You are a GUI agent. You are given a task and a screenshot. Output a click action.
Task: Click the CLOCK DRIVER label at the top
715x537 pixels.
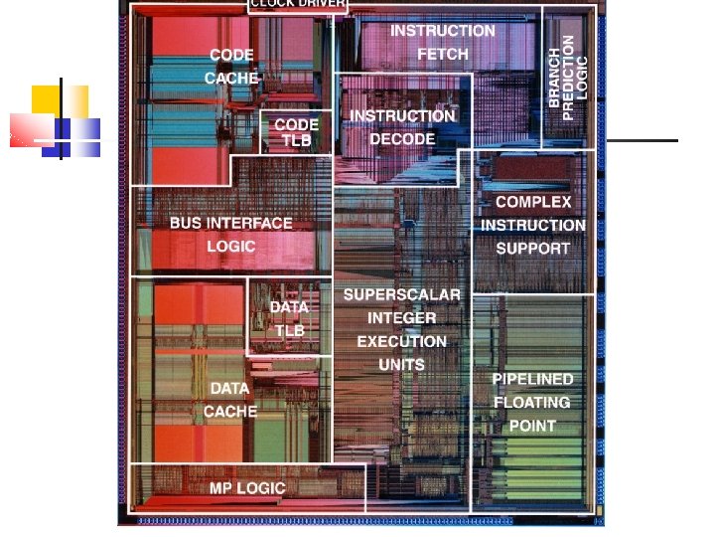[297, 4]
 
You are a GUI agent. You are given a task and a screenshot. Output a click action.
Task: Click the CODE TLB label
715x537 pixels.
[296, 132]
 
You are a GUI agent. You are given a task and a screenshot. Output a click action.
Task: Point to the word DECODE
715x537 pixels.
[402, 139]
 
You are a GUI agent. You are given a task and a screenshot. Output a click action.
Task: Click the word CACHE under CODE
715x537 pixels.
[231, 78]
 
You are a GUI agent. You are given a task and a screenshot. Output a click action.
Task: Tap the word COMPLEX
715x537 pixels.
[533, 202]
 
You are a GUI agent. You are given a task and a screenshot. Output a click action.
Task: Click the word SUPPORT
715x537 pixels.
[533, 249]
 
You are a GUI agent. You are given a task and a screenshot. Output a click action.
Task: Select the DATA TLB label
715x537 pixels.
[289, 318]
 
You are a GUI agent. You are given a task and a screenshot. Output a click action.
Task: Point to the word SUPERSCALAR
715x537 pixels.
[402, 295]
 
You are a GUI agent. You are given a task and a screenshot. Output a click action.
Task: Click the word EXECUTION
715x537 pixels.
[402, 341]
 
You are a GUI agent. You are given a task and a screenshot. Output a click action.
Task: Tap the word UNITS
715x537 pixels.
[402, 365]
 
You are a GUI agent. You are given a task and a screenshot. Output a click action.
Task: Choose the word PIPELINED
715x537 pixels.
[532, 379]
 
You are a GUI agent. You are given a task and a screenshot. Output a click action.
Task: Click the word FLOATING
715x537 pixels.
[532, 403]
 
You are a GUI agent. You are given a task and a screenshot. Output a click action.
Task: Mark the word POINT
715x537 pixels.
[532, 426]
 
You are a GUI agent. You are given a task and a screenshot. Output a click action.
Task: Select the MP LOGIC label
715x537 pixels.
[247, 488]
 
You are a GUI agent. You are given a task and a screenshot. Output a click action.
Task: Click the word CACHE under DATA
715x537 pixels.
[230, 411]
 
